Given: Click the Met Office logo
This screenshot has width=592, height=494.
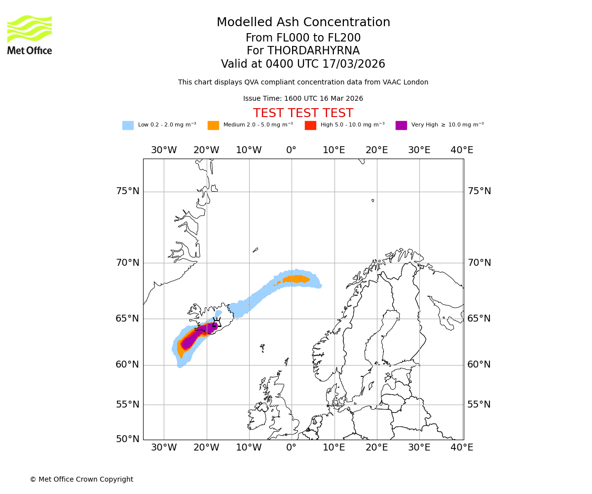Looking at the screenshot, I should pyautogui.click(x=30, y=35).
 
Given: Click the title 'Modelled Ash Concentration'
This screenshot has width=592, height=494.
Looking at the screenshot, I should pyautogui.click(x=303, y=23).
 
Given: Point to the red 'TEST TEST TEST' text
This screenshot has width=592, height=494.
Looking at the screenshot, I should pyautogui.click(x=303, y=114).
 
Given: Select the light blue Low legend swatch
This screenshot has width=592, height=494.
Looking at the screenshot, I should pyautogui.click(x=128, y=125).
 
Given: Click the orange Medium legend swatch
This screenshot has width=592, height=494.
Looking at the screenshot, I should pyautogui.click(x=213, y=125).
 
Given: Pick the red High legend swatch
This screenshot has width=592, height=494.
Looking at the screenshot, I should pyautogui.click(x=310, y=125).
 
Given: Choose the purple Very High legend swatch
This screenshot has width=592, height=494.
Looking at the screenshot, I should pyautogui.click(x=401, y=125).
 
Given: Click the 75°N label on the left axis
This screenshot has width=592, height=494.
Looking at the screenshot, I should pyautogui.click(x=127, y=191).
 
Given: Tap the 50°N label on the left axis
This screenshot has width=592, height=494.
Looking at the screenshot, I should pyautogui.click(x=127, y=439).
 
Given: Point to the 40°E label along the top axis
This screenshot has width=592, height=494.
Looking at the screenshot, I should pyautogui.click(x=462, y=150).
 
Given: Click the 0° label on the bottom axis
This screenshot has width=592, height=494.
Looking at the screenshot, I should pyautogui.click(x=292, y=448).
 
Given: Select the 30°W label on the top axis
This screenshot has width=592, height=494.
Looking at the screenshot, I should pyautogui.click(x=164, y=150).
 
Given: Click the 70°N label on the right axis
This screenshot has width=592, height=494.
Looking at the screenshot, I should pyautogui.click(x=479, y=263).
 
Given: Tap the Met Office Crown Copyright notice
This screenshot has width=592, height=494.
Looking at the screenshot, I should pyautogui.click(x=81, y=479).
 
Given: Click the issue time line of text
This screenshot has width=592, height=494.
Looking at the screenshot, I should pyautogui.click(x=303, y=99).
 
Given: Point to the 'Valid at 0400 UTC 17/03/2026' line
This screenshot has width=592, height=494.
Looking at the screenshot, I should pyautogui.click(x=303, y=64).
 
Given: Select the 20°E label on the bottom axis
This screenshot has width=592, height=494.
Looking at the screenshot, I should pyautogui.click(x=377, y=448).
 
